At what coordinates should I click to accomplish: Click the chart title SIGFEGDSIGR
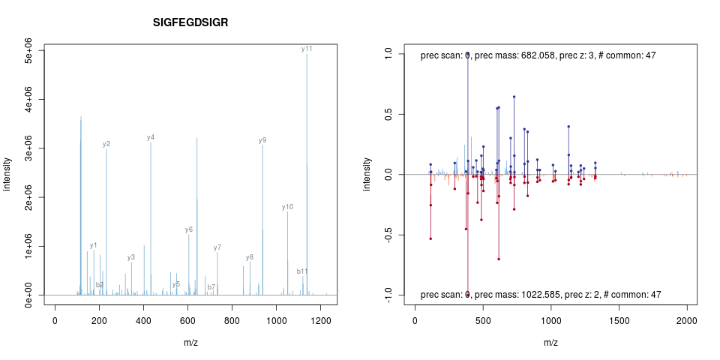pos(190,22)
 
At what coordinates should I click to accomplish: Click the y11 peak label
pos(307,49)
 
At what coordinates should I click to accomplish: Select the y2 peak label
pos(106,144)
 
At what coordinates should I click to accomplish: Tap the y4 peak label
pos(151,137)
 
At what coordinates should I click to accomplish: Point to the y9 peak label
pos(262,140)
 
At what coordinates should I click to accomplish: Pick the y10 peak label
pos(287,207)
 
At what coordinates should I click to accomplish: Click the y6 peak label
pos(189,229)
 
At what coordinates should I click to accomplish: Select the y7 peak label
pos(217,247)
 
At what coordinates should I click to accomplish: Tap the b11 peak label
pos(302,271)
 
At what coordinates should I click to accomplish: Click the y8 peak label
pos(250,257)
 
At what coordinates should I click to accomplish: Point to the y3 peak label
pos(131,257)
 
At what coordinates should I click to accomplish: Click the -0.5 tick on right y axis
pos(388,235)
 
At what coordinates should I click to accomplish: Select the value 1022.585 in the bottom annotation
pos(531,295)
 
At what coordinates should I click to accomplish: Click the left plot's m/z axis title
pos(190,342)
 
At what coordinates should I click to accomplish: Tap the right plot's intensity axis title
pos(367,174)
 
